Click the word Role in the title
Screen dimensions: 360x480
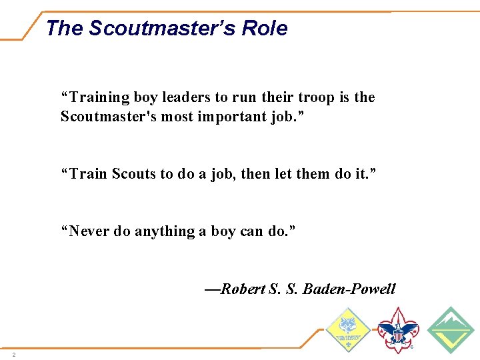[265, 29]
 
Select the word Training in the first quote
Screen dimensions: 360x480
[99, 98]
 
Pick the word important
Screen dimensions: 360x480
[232, 117]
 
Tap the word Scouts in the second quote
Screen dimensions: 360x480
[133, 174]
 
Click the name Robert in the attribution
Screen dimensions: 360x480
[243, 289]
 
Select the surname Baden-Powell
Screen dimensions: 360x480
[349, 289]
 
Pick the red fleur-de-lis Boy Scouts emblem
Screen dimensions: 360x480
[398, 329]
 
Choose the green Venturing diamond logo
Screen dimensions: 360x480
[450, 329]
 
